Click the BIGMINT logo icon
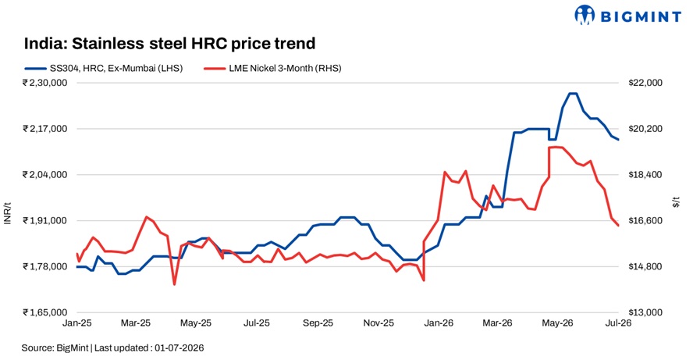point(585,15)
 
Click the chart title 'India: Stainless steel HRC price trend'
point(169,44)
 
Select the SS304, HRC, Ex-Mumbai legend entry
point(104,68)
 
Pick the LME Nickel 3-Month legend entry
point(272,68)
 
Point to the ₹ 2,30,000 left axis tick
point(45,83)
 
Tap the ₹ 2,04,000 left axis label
point(45,175)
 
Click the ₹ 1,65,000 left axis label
point(45,312)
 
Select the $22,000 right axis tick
point(645,83)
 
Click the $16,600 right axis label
point(645,221)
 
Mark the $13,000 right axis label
point(645,312)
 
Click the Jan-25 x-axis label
point(77,323)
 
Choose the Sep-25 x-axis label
point(318,323)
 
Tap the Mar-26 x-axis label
point(497,323)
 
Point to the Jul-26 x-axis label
point(618,323)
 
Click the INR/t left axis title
point(8,213)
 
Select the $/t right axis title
point(676,202)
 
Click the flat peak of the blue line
point(573,93)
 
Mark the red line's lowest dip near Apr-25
point(174,284)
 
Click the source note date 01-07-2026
point(179,348)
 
